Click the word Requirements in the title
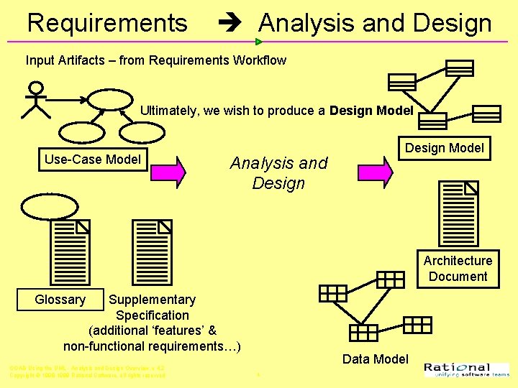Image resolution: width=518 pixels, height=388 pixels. (x=107, y=23)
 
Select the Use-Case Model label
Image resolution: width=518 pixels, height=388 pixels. (x=93, y=159)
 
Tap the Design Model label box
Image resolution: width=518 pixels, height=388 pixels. (x=445, y=148)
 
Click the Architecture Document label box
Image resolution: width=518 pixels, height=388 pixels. (x=458, y=269)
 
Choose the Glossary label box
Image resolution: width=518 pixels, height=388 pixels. (x=60, y=300)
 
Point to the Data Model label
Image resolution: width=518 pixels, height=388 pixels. (x=375, y=359)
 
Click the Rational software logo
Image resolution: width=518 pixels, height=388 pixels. (x=466, y=369)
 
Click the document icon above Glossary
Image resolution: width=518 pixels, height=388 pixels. (x=70, y=251)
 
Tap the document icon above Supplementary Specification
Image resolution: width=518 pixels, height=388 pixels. (x=153, y=251)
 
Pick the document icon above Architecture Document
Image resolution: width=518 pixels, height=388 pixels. (x=458, y=213)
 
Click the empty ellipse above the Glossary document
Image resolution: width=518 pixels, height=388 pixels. (x=49, y=206)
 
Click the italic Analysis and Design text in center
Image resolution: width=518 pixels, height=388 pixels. (x=278, y=173)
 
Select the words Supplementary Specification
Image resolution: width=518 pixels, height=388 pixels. (x=152, y=308)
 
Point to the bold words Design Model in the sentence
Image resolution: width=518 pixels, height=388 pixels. (x=371, y=111)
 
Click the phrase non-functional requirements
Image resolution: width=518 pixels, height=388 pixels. (x=152, y=346)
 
